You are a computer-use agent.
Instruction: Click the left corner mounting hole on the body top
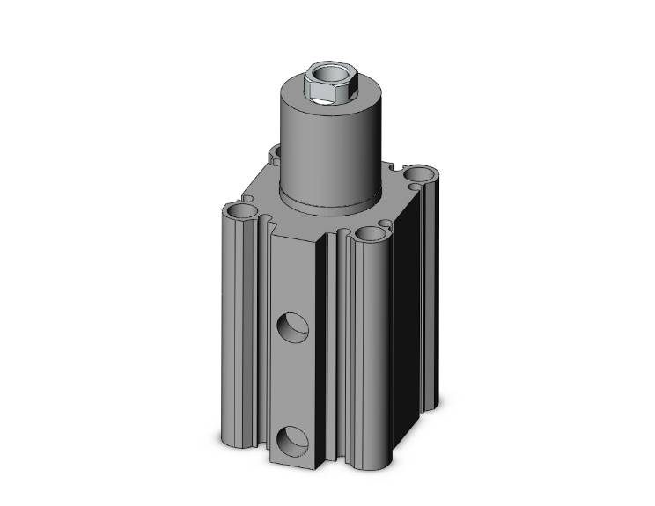click(x=239, y=212)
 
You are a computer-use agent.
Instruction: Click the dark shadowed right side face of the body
click(x=401, y=334)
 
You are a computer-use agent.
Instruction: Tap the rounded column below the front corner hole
click(x=365, y=352)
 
